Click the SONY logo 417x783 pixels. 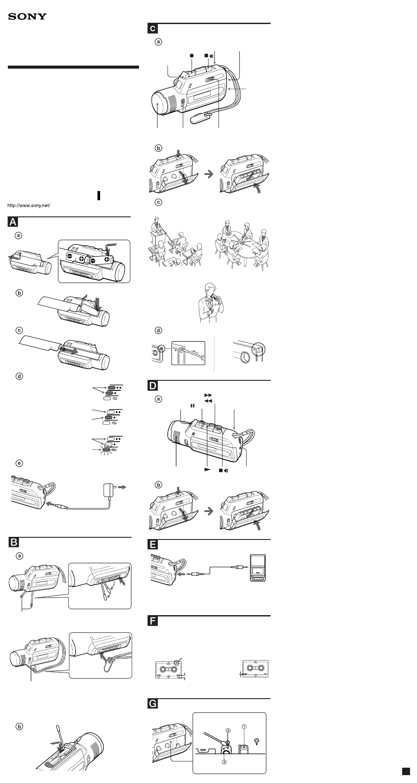click(27, 17)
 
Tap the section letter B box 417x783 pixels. click(14, 543)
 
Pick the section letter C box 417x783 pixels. click(153, 29)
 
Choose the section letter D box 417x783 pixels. click(153, 386)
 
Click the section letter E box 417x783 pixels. click(153, 545)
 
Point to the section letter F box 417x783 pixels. click(153, 621)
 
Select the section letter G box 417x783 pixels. click(153, 704)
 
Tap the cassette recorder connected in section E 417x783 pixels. click(257, 568)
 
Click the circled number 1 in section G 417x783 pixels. click(244, 726)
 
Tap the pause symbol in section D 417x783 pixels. click(192, 406)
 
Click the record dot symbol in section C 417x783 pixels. click(191, 56)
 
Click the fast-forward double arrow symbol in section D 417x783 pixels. click(208, 395)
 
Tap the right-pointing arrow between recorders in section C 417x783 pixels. click(209, 174)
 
